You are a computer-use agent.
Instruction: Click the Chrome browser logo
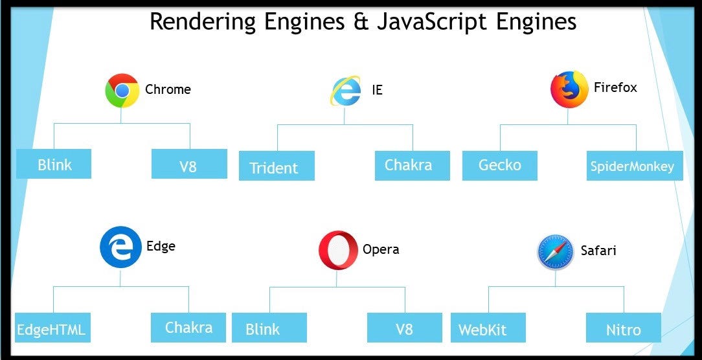pos(122,90)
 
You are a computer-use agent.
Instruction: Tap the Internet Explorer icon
pos(345,91)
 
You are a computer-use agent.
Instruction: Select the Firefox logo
pos(569,89)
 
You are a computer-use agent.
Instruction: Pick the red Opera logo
pos(338,250)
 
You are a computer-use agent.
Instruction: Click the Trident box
pos(277,166)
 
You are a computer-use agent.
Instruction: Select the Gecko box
pos(499,165)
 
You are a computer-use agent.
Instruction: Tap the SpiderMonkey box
pos(631,166)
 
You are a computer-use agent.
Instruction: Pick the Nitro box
pos(624,328)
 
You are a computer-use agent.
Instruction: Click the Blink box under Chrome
pos(54,164)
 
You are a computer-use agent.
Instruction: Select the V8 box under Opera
pos(404,328)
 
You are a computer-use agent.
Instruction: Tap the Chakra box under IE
pos(412,165)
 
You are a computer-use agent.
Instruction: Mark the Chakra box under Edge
pos(188,327)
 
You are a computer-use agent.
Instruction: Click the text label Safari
pos(598,250)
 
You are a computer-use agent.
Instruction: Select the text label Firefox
pos(615,87)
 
